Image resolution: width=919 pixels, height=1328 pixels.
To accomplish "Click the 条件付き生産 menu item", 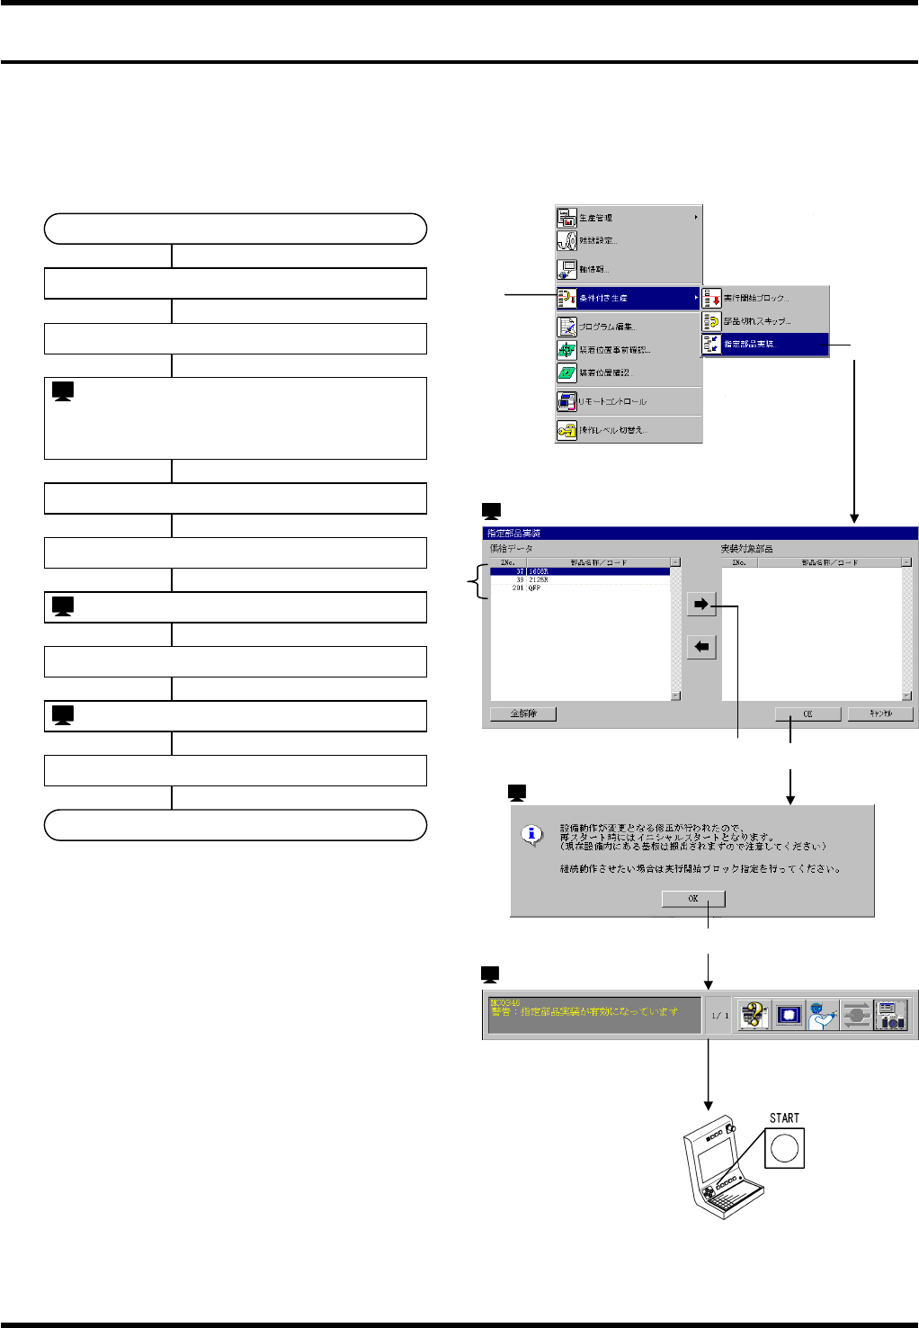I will pos(627,298).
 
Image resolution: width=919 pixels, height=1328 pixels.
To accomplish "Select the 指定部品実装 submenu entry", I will pos(764,344).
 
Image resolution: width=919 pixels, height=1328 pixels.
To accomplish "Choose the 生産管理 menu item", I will pos(627,218).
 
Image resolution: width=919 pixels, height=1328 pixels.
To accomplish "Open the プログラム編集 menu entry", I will pos(627,327).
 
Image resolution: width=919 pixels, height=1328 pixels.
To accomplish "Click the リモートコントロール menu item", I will pos(627,401).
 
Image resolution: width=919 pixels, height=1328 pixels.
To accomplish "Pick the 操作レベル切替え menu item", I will pos(627,430).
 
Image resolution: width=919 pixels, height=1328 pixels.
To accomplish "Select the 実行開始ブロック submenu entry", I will pos(764,298).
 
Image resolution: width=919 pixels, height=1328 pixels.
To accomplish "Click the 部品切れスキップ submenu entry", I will pos(764,321).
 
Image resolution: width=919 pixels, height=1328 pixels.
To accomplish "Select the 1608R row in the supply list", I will pos(580,571).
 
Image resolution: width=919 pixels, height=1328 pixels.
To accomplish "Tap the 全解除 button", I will pos(523,713).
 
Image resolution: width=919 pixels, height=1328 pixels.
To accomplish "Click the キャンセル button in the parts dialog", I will pos(880,713).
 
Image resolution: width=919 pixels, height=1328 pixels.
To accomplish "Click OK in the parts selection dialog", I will pos(807,713).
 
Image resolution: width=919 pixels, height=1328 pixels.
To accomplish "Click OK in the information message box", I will pos(692,898).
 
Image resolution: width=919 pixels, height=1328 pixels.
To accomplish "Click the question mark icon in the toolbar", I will pos(753,1015).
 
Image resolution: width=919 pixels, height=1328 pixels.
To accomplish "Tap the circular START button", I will pos(784,1148).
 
